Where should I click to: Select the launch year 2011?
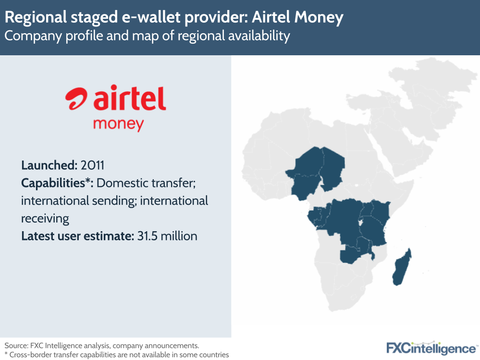93,165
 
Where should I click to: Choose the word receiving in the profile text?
45,219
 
